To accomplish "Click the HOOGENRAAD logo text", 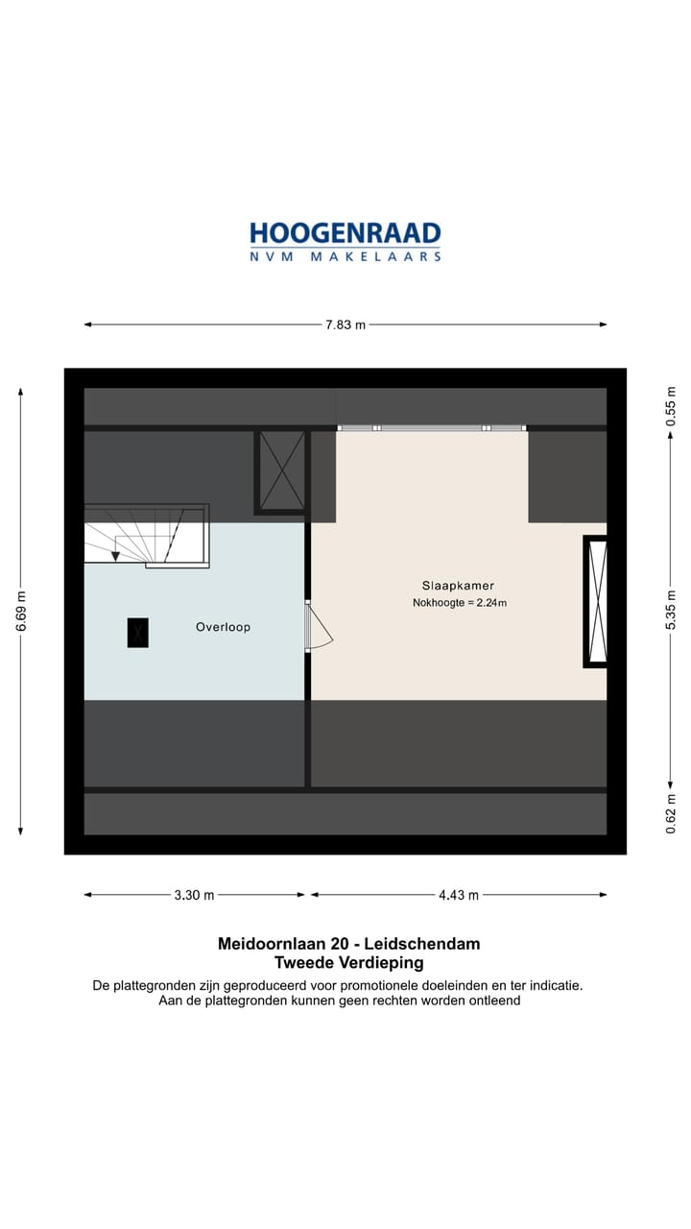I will [x=345, y=233].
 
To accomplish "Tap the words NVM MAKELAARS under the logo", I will [x=345, y=256].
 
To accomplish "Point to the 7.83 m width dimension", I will [x=345, y=325].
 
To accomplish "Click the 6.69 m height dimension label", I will [x=21, y=611].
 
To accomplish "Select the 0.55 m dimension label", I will [x=671, y=406].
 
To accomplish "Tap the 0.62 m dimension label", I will [x=671, y=812].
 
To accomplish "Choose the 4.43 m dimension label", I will [x=459, y=895].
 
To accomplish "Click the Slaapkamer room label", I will [x=458, y=585].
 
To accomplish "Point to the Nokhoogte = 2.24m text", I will [x=458, y=603].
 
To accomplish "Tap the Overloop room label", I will [x=223, y=627].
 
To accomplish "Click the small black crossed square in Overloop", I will [x=138, y=632].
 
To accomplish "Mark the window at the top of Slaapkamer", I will [x=432, y=427].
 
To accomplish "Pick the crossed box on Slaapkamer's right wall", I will [x=597, y=602].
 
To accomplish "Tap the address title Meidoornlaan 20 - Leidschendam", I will [x=349, y=944].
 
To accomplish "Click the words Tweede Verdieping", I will [x=349, y=963].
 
